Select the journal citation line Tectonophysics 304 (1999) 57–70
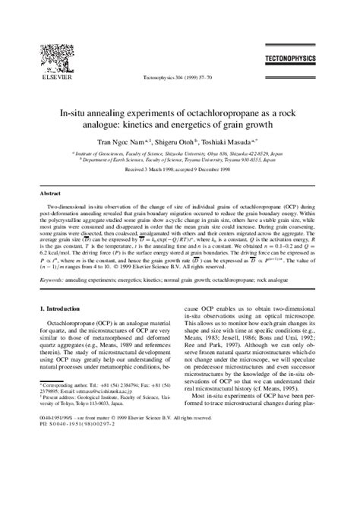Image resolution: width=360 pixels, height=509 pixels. point(180,77)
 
